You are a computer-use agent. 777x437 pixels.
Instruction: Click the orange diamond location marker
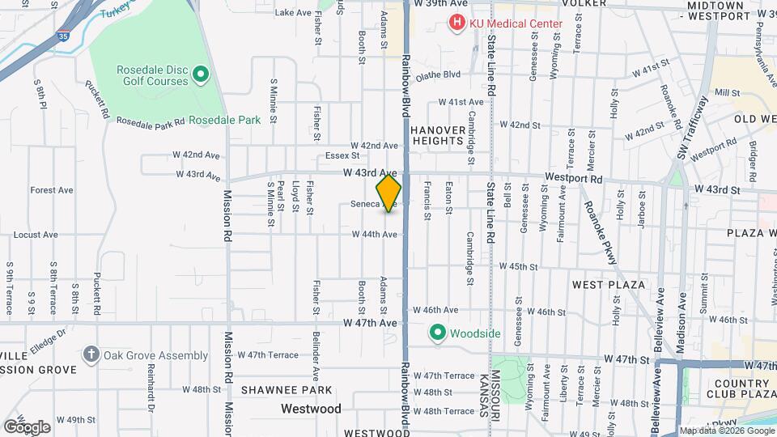(x=388, y=193)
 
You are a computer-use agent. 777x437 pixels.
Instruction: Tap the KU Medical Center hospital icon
(x=459, y=23)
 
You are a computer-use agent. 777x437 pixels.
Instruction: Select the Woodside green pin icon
(x=438, y=333)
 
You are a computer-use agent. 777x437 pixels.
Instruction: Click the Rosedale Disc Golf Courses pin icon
(x=202, y=75)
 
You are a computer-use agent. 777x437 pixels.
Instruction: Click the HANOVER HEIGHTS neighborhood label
(x=438, y=135)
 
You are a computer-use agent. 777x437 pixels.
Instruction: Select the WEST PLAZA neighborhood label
(x=608, y=285)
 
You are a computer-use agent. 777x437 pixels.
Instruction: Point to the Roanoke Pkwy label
(x=600, y=231)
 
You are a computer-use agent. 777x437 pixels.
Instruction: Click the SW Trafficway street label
(x=693, y=128)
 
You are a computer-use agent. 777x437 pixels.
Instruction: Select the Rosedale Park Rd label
(x=151, y=121)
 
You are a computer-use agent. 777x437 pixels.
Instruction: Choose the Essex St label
(x=342, y=155)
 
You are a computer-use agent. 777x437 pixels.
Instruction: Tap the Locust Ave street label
(x=36, y=235)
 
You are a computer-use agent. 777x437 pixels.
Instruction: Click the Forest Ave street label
(x=52, y=190)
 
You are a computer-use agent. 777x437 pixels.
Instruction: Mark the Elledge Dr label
(x=48, y=337)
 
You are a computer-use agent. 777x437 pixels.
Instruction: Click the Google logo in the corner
(x=27, y=427)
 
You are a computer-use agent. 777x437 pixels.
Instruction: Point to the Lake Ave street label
(x=295, y=13)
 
